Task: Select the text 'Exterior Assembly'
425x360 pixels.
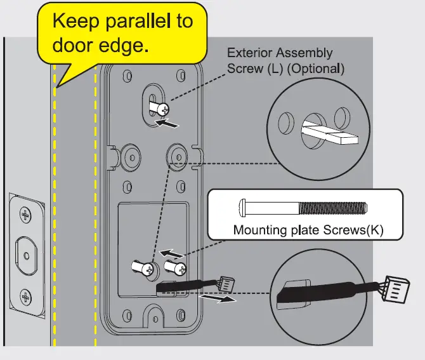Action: pos(280,54)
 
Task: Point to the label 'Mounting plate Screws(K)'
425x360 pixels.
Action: pos(308,229)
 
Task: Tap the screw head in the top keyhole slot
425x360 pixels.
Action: pos(164,109)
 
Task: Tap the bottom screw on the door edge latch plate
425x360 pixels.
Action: pos(26,296)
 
